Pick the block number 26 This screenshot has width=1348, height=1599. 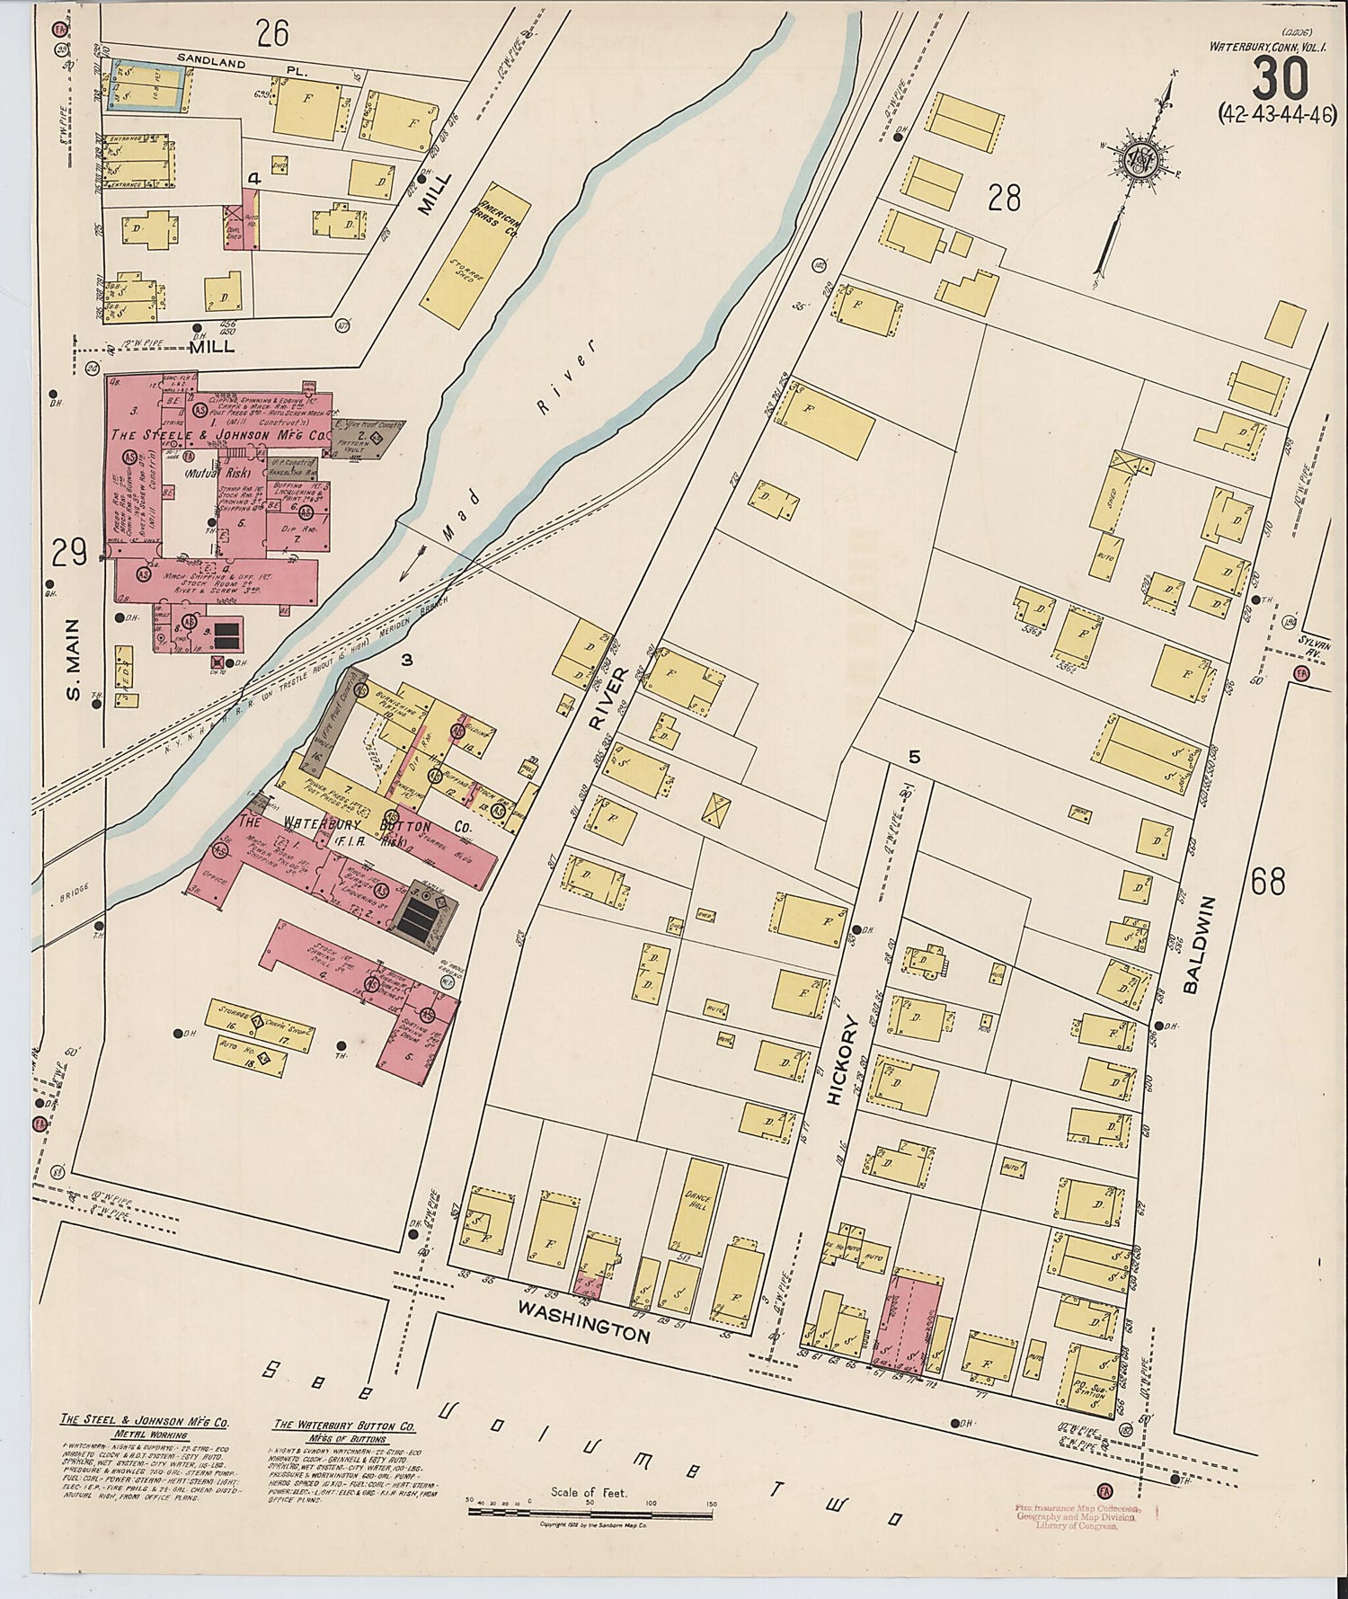[x=272, y=33]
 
